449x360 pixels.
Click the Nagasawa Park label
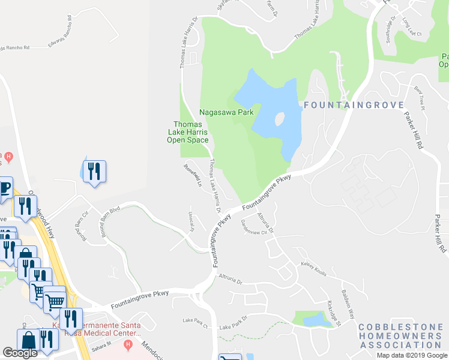tap(226, 112)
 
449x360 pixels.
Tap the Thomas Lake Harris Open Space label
tap(187, 132)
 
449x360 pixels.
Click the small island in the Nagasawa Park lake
tap(279, 119)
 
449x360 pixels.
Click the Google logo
tap(20, 353)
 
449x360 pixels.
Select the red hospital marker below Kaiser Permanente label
tap(127, 345)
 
